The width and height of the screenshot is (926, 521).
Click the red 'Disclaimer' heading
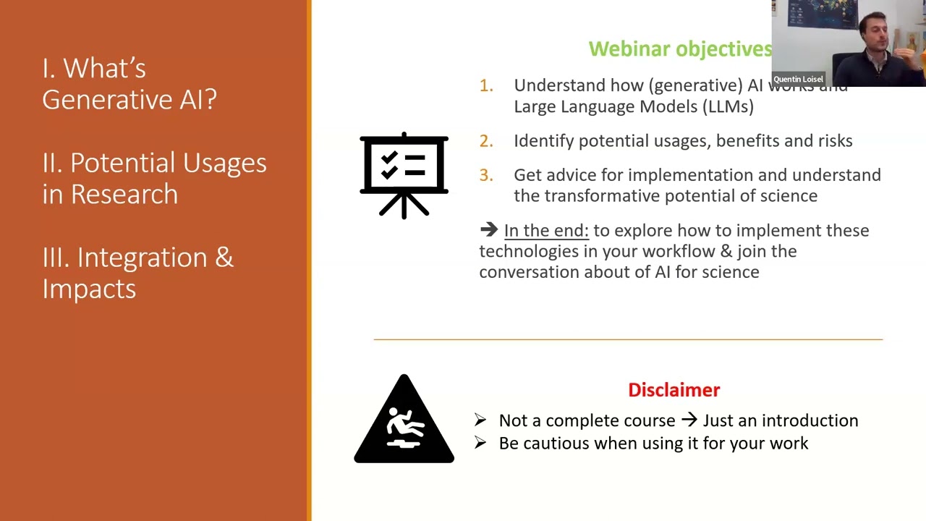674,390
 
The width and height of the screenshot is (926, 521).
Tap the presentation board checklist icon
404,175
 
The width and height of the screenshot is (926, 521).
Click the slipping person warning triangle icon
404,420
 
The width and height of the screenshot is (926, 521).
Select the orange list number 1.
486,85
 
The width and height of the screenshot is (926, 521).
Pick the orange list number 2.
486,141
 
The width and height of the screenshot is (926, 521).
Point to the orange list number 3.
486,175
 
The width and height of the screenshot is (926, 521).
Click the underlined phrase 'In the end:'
546,231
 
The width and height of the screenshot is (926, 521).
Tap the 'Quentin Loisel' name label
798,80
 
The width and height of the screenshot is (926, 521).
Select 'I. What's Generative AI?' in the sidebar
129,84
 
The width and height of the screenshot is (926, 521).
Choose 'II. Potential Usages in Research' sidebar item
154,178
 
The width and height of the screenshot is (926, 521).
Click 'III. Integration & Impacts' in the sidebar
137,273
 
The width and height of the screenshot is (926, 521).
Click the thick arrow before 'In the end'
489,230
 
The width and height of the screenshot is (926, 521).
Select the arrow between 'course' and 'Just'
689,420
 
